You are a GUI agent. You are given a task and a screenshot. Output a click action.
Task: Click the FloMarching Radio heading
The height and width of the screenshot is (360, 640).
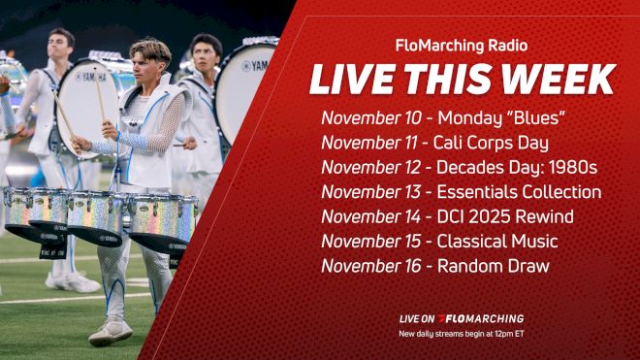tap(462, 45)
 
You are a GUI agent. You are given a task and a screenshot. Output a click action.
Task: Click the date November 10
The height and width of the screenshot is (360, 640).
tap(371, 117)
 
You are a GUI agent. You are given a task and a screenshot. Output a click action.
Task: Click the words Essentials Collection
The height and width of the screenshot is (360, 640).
tap(520, 192)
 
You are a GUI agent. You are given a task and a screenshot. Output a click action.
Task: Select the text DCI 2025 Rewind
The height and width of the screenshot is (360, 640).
tap(505, 216)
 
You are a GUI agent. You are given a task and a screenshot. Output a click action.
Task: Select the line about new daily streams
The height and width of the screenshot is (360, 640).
tap(462, 334)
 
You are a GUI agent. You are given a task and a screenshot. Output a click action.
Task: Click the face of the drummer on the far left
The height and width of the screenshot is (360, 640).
tap(63, 43)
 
